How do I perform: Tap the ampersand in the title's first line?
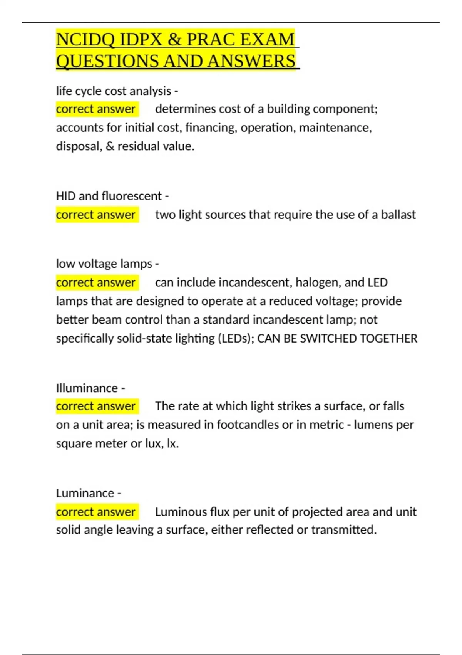point(174,39)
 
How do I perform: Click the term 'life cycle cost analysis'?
point(114,91)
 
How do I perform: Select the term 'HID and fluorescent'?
point(109,196)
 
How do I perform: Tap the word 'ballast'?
point(398,215)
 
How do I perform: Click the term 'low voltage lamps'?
point(104,264)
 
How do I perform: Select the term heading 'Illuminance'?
point(87,388)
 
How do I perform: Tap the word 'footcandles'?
point(248,425)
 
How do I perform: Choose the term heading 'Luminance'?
point(85,493)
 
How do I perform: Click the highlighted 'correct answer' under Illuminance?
point(96,406)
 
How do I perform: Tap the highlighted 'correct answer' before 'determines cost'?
point(96,109)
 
